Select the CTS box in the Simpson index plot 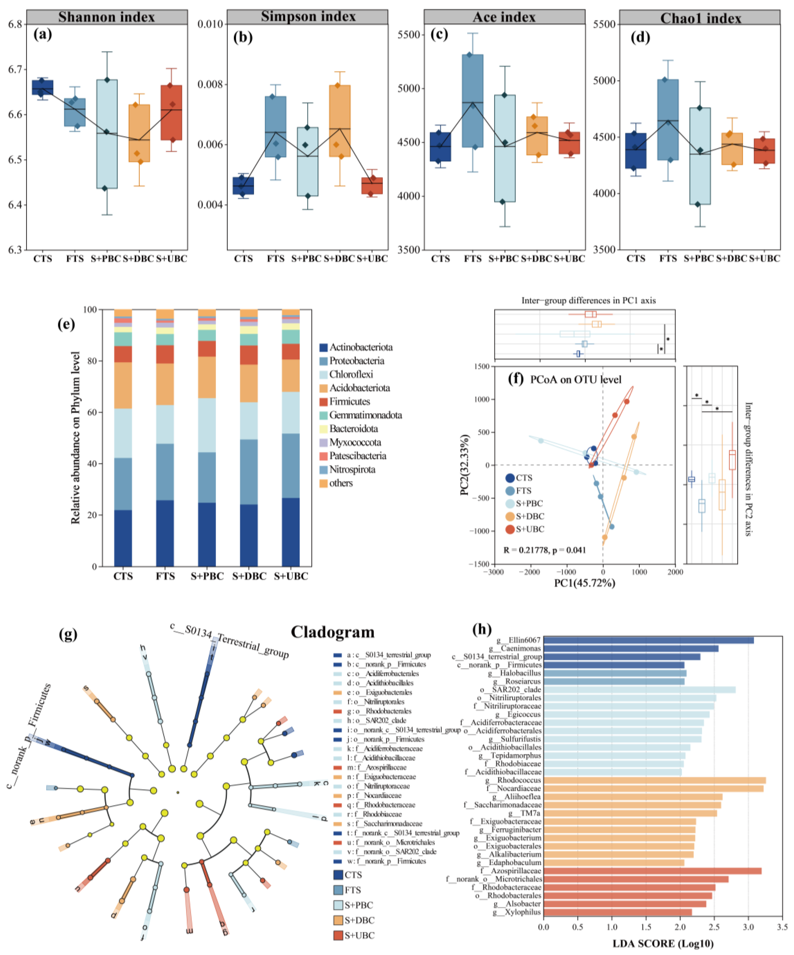[243, 186]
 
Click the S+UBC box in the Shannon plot [171, 112]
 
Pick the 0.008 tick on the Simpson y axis [210, 85]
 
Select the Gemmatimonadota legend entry [365, 415]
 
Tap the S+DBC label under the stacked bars [249, 576]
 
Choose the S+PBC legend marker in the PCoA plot [510, 503]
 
